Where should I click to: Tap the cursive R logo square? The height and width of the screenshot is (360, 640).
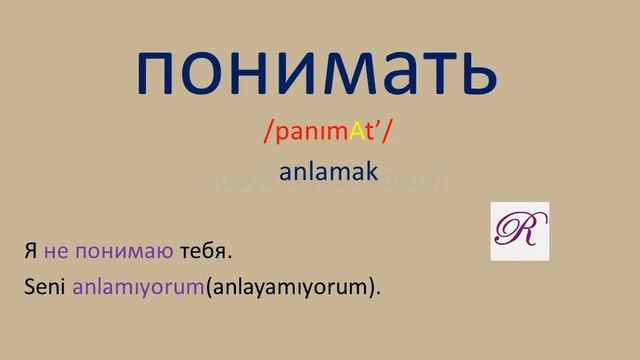coord(519,230)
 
